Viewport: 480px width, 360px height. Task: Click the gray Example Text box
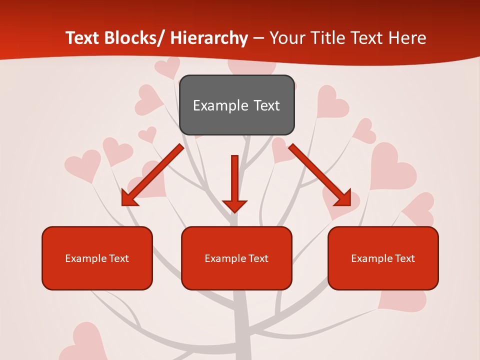pos(236,105)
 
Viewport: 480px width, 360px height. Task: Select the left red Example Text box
pos(97,258)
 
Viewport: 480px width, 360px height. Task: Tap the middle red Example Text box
pos(236,258)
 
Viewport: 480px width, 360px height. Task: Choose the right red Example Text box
pos(383,258)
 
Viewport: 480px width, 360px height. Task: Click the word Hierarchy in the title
pos(209,38)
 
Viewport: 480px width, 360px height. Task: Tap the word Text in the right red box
pos(404,258)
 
